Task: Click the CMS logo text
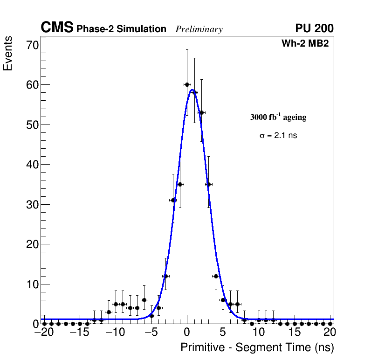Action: (57, 28)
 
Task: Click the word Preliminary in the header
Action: (199, 29)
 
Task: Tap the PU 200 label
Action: (314, 28)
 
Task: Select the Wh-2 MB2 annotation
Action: (305, 44)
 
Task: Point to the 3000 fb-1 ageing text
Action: (278, 117)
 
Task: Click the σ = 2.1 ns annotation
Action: (278, 136)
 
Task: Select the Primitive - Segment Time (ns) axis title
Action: (257, 347)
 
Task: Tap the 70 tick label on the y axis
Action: (33, 45)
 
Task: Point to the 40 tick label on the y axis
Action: (33, 165)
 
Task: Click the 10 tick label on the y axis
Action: (33, 284)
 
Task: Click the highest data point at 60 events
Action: (187, 84)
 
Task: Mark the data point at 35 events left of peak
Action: (180, 184)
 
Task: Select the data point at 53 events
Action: (201, 112)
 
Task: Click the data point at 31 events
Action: (173, 200)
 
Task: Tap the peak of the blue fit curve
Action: (192, 90)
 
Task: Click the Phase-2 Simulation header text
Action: (121, 29)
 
